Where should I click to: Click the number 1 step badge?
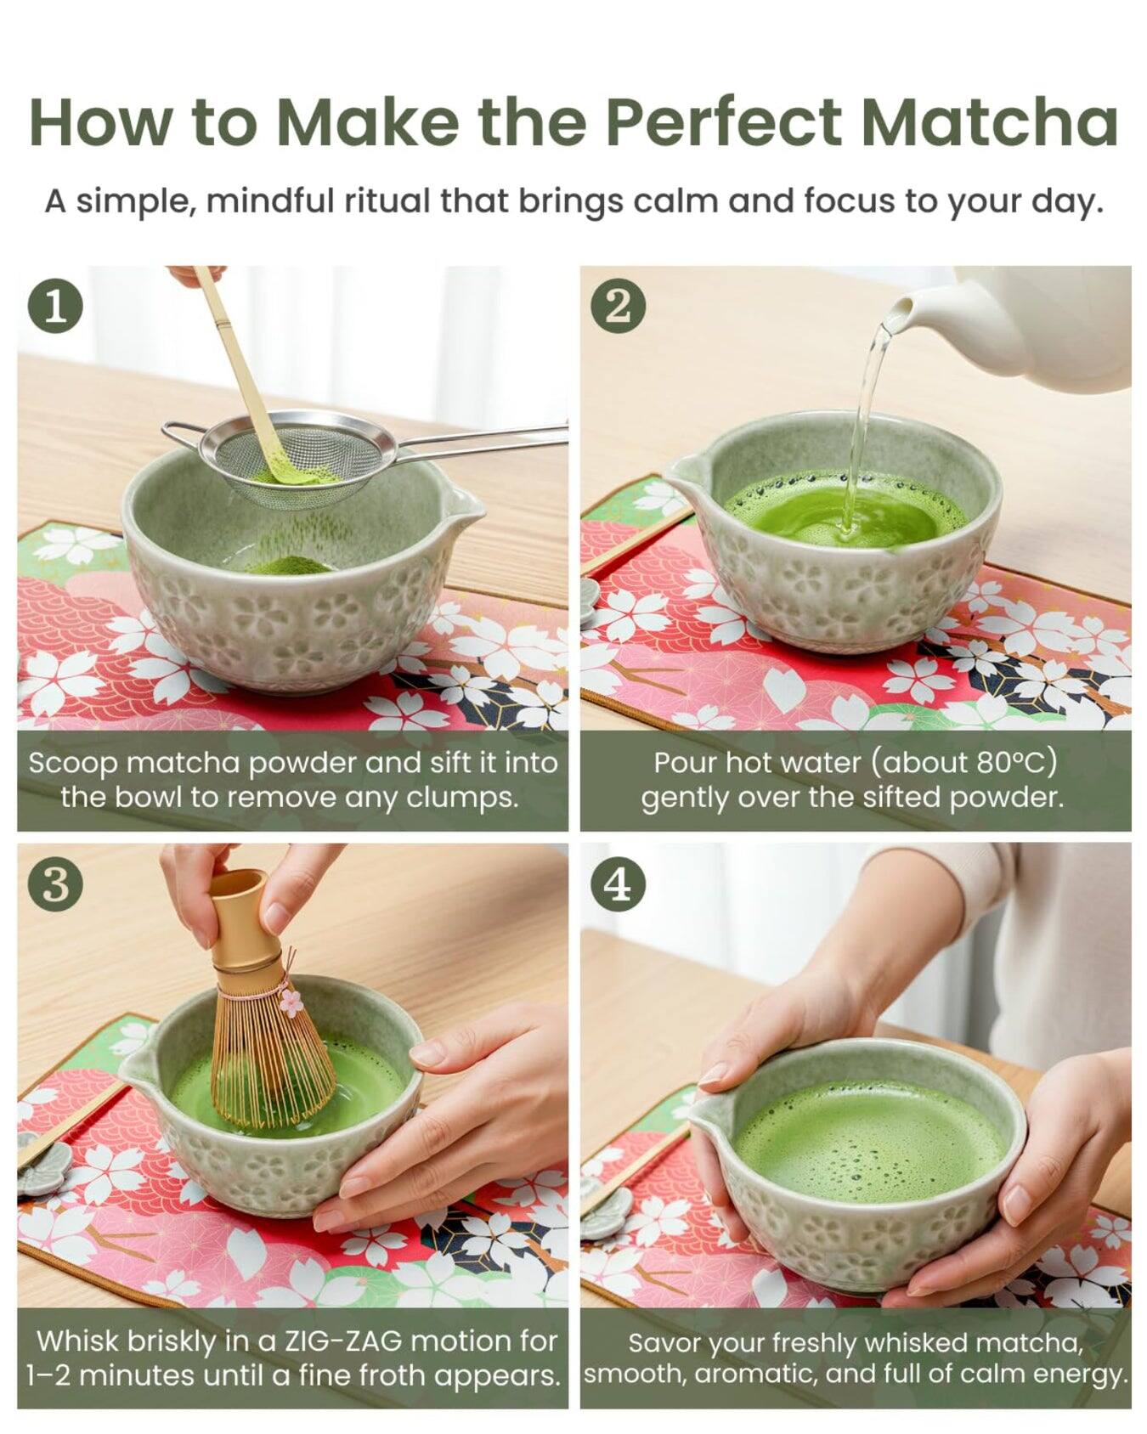[x=55, y=307]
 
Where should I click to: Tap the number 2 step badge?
[x=619, y=307]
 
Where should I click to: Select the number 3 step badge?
[x=55, y=884]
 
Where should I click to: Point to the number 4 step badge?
[x=619, y=884]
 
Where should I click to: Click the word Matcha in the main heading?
[x=988, y=122]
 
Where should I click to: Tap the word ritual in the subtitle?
[x=388, y=201]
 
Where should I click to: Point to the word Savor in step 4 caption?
[x=664, y=1342]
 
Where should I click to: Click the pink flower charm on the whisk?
[x=291, y=1002]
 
